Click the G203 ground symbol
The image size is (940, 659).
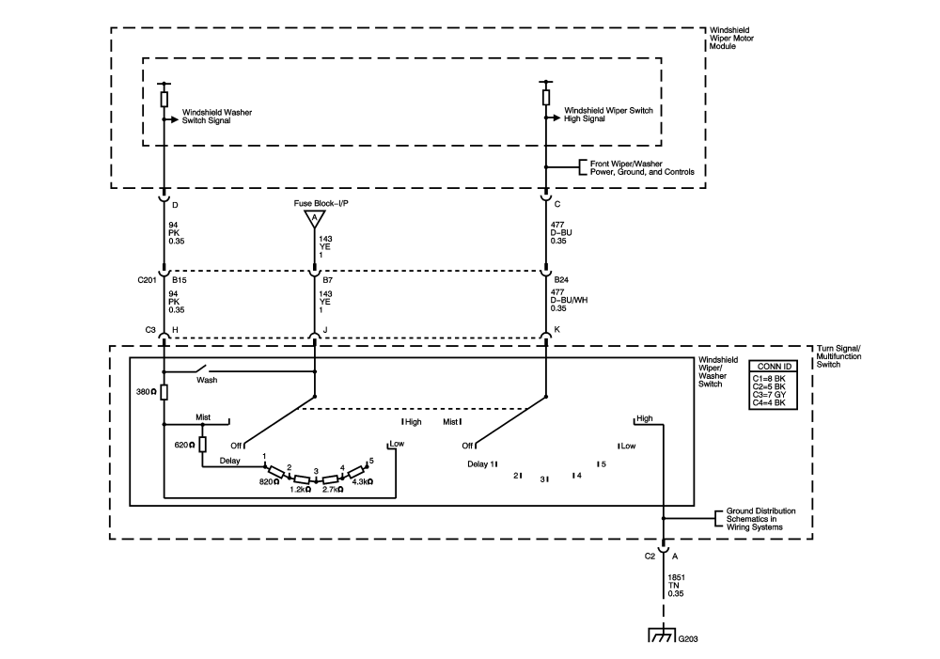point(665,635)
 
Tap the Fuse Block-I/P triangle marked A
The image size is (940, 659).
point(314,219)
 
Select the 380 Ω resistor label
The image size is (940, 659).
point(146,393)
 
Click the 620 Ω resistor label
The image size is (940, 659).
point(183,444)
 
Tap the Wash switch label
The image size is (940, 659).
point(207,381)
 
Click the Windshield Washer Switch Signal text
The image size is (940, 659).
point(217,116)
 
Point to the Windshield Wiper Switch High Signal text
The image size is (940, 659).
point(607,114)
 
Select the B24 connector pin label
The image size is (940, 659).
point(560,280)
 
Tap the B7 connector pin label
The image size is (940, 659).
point(326,280)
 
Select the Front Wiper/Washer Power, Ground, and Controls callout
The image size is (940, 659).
point(642,168)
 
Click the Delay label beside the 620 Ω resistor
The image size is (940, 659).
point(229,461)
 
